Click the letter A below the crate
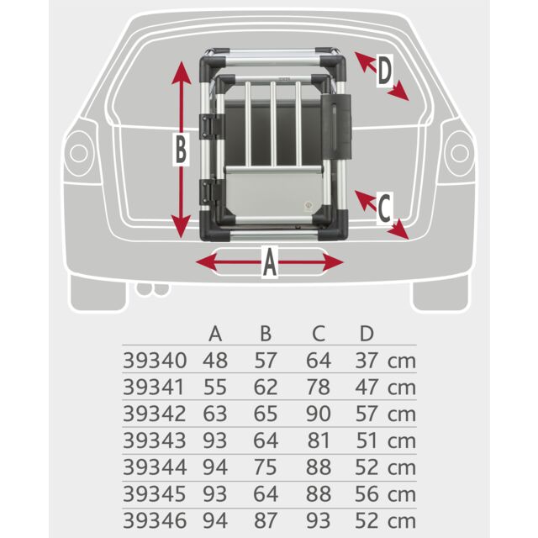point(269,263)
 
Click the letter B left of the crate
point(180,152)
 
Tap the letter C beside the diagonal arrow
point(383,205)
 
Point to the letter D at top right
point(383,72)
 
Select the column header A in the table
point(215,334)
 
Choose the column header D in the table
point(366,334)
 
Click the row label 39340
point(155,361)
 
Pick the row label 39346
point(155,520)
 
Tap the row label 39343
point(155,440)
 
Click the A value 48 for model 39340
point(215,361)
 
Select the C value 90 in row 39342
point(318,414)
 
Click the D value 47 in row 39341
point(367,388)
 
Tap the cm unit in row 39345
point(402,493)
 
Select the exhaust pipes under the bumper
point(150,290)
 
